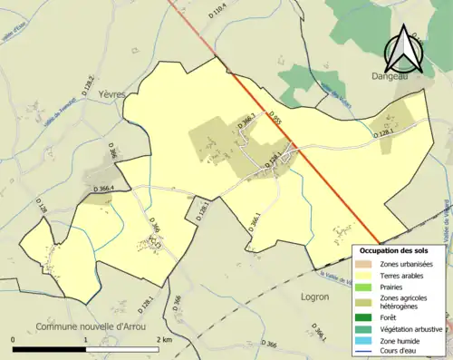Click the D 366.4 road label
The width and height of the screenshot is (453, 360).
(x=113, y=188)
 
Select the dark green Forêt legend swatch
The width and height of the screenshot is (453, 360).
(x=367, y=316)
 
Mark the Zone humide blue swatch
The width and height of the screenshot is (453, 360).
(x=367, y=340)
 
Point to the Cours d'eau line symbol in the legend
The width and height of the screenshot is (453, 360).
(x=367, y=352)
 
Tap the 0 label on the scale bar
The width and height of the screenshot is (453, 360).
(x=14, y=339)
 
